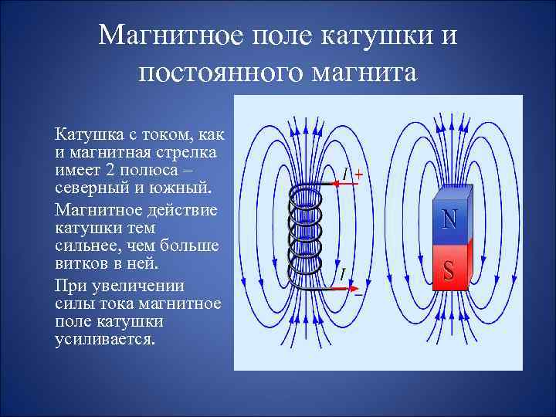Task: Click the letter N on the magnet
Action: pyautogui.click(x=449, y=219)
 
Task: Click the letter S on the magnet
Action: pyautogui.click(x=449, y=270)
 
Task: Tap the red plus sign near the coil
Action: pyautogui.click(x=359, y=175)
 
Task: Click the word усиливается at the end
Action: pyautogui.click(x=105, y=340)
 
